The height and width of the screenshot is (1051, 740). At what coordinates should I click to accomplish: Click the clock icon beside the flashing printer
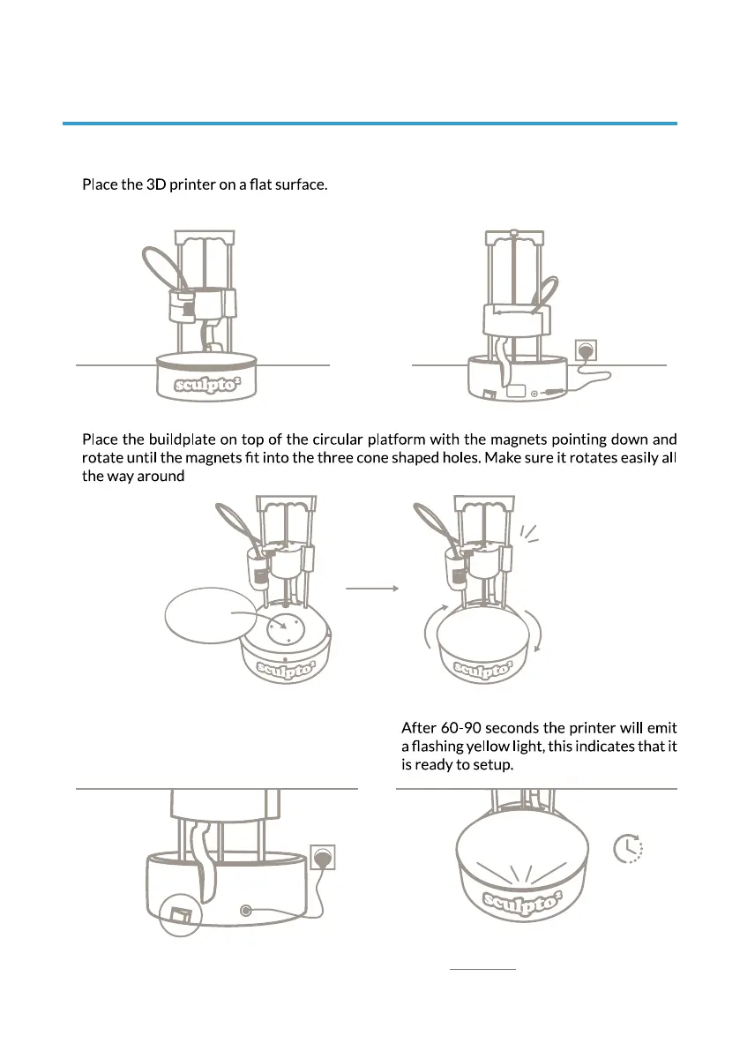point(627,849)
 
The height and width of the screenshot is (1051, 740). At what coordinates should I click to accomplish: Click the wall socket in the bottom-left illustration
point(322,857)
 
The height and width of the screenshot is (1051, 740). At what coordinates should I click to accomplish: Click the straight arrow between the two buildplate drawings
point(372,587)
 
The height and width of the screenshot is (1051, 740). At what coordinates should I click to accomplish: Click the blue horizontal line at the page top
point(370,124)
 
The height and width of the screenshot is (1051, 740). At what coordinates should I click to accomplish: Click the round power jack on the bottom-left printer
point(244,910)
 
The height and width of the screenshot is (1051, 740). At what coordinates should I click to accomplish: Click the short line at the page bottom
point(482,969)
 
